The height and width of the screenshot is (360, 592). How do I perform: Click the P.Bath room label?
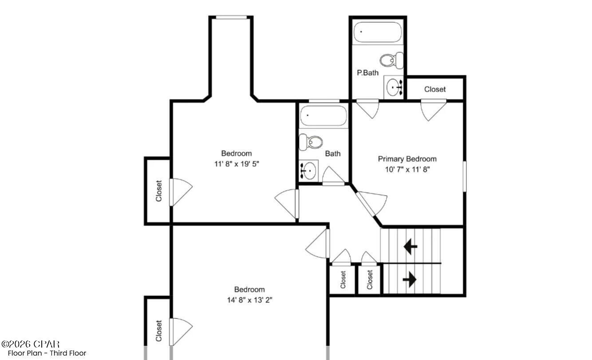pos(368,73)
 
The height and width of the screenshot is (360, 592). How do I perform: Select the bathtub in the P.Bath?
pos(378,32)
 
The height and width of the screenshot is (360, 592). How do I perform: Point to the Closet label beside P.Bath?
pos(434,89)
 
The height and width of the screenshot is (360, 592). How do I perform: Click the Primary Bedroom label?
pos(407,158)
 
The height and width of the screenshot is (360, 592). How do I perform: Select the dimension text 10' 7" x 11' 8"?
pos(407,169)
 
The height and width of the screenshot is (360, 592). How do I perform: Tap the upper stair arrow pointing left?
pos(410,246)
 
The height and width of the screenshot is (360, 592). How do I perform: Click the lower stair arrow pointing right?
pos(410,279)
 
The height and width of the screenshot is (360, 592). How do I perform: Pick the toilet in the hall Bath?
pos(311,142)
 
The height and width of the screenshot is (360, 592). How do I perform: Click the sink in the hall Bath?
pos(308,170)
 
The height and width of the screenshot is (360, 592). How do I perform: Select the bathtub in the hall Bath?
pos(323,116)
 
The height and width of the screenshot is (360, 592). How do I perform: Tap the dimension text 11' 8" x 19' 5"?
pos(236,164)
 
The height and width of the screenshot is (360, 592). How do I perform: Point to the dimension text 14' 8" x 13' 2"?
pos(249,300)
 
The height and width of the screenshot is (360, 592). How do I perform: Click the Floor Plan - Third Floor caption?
pos(47,353)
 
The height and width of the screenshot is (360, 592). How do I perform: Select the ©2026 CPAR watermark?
pos(31,344)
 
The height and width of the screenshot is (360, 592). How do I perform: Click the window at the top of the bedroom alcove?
pos(231,17)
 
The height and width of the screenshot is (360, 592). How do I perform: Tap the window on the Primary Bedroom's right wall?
pos(465,176)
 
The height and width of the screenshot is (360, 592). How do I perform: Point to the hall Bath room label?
pos(333,154)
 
